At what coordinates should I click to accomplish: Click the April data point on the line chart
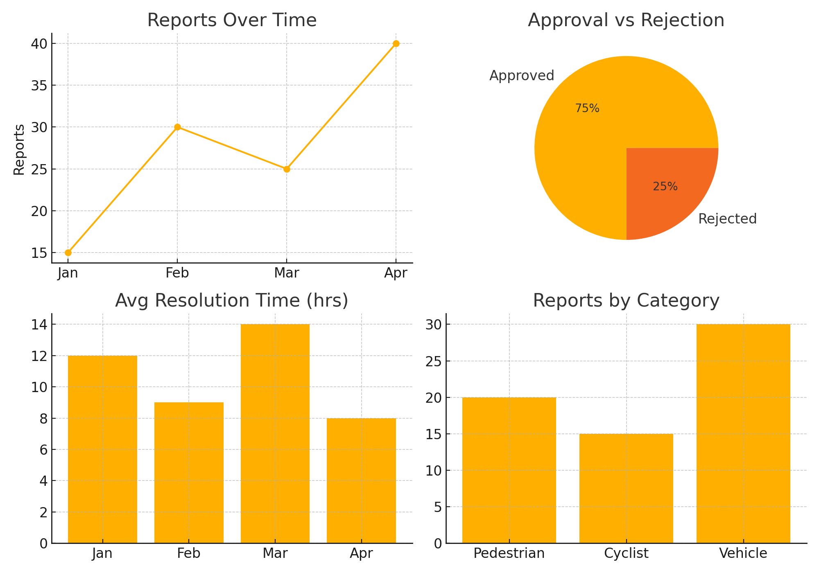point(396,44)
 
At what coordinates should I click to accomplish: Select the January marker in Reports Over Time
point(68,253)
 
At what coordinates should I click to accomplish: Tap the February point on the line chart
point(177,127)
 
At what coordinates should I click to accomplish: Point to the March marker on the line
point(287,169)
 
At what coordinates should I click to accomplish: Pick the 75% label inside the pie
point(587,108)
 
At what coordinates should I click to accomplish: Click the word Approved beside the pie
point(522,76)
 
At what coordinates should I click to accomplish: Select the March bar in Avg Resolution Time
point(275,434)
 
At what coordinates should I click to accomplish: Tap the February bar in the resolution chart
point(189,473)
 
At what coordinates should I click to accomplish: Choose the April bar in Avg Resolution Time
point(361,481)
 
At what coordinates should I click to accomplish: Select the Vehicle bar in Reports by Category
point(743,434)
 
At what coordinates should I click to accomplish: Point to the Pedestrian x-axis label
point(509,553)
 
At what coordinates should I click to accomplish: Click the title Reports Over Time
point(232,20)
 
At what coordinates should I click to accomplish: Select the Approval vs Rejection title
point(626,20)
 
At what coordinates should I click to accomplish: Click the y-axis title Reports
point(19,149)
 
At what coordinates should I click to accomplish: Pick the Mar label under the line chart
point(287,273)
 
